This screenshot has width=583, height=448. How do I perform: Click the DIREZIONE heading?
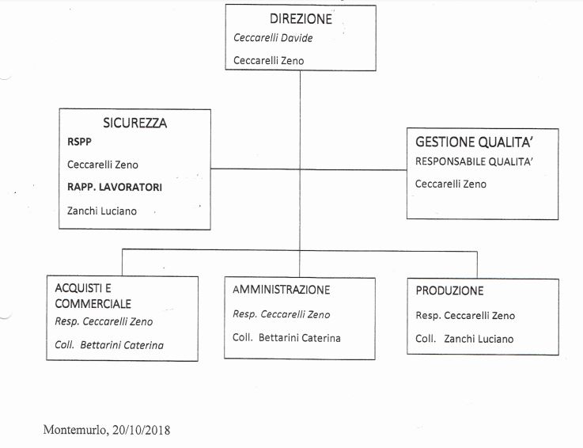point(301,19)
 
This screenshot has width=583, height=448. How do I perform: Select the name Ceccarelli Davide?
point(273,38)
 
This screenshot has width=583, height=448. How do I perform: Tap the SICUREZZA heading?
point(135,123)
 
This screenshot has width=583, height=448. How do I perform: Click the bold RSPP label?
point(79,142)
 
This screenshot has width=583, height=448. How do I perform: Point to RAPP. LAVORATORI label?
point(115,187)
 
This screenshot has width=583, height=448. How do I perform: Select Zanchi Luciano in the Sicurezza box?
point(102,211)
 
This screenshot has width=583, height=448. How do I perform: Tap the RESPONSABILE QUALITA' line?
point(474,161)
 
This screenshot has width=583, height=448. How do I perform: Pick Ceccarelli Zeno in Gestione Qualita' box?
point(451,184)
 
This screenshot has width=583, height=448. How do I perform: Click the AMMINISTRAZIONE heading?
point(281,290)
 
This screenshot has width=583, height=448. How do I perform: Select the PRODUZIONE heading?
point(449,290)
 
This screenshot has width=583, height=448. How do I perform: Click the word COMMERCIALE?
point(93,304)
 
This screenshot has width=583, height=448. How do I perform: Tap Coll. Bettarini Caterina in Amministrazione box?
point(286,338)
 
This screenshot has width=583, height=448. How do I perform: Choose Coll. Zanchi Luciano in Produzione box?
point(464,339)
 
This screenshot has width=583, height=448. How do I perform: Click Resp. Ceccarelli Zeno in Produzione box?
point(465,316)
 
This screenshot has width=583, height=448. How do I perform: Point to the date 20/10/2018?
point(142,430)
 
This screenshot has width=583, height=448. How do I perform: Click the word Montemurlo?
point(76,430)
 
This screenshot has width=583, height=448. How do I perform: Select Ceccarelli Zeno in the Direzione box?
point(268,61)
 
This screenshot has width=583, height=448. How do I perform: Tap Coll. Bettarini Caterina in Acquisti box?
point(109,345)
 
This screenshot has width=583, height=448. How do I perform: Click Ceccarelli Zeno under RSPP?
point(103,165)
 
